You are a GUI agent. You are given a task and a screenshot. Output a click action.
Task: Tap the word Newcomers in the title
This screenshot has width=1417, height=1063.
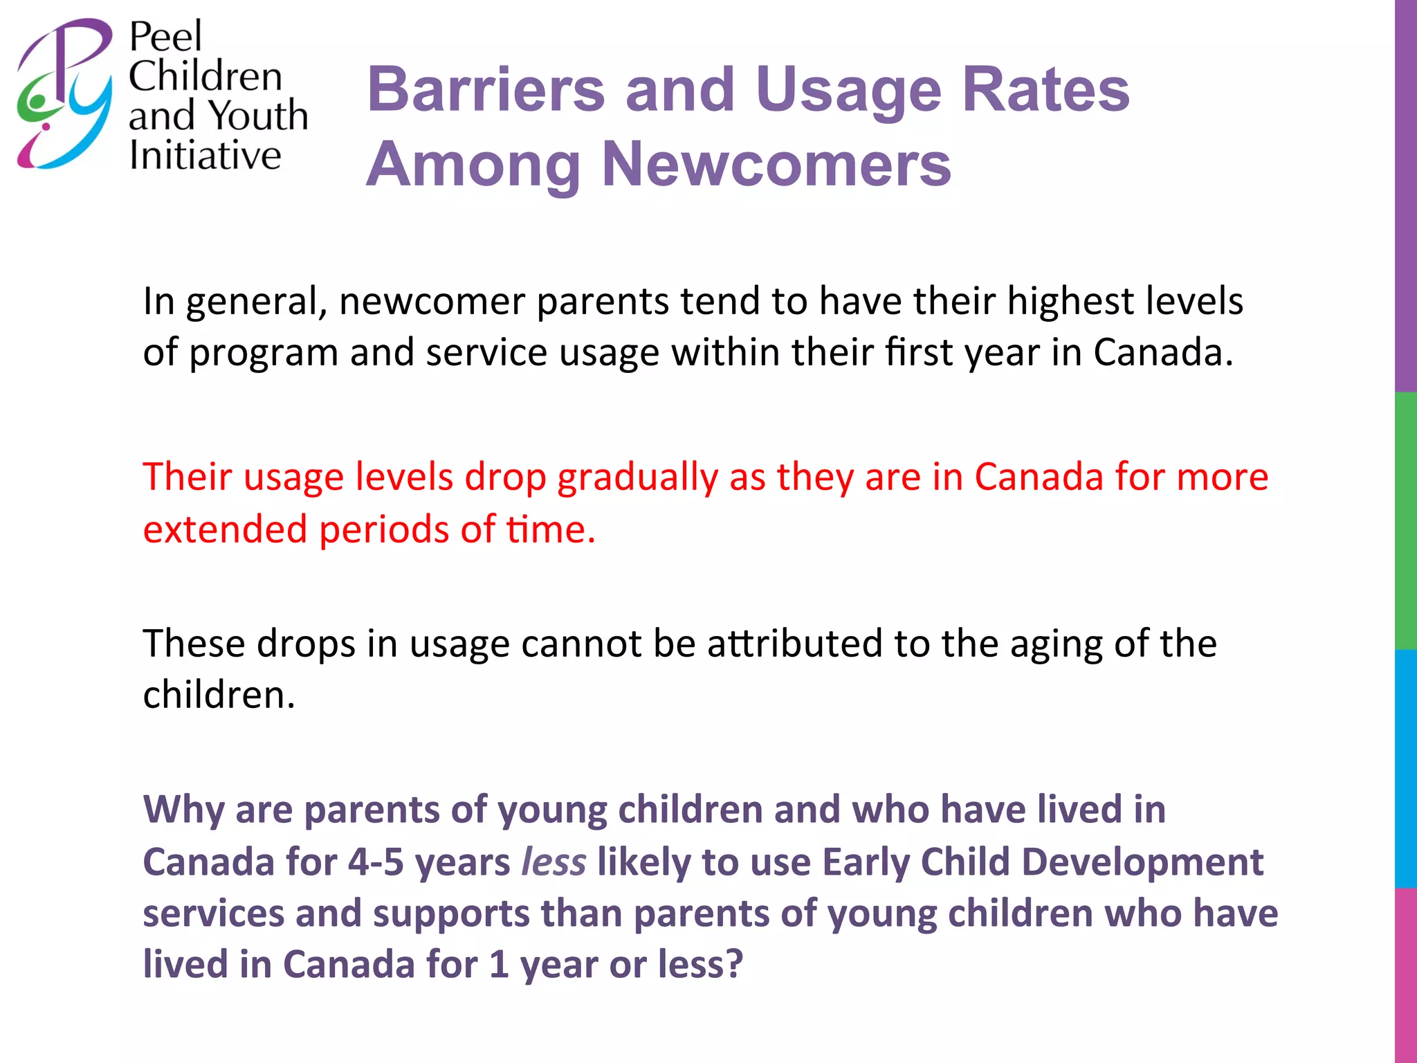click(776, 165)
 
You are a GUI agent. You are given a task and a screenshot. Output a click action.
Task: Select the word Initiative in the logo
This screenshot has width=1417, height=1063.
click(205, 155)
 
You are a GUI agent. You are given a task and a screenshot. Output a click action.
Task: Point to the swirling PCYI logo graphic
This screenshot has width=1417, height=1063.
click(64, 93)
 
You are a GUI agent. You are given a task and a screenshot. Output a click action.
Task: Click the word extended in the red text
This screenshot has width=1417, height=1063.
click(225, 529)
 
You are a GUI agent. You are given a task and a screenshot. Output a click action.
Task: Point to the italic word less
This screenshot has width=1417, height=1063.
click(554, 862)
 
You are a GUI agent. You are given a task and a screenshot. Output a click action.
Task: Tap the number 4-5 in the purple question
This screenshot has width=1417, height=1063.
click(375, 862)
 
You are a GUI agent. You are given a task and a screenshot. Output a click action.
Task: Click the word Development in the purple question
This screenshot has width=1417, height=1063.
click(1142, 862)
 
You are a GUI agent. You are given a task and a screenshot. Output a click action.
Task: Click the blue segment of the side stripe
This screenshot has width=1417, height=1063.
click(1405, 768)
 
